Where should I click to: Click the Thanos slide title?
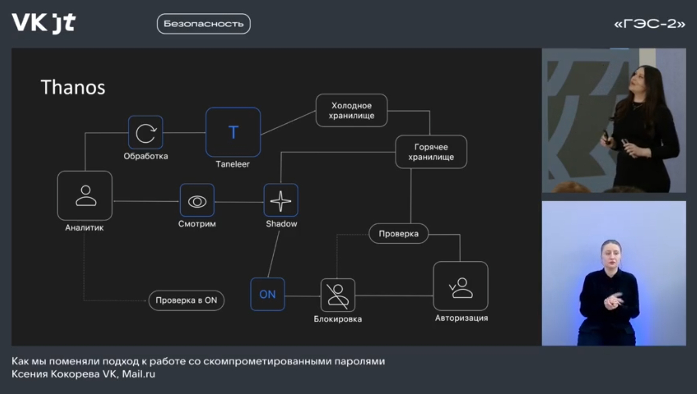(73, 88)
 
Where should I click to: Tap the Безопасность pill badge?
(204, 24)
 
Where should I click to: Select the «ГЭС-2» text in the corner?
(650, 24)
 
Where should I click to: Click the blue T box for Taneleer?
(233, 132)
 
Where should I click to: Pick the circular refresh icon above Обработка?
(146, 133)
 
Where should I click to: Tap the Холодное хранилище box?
(351, 111)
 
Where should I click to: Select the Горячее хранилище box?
(431, 152)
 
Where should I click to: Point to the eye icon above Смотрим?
(197, 201)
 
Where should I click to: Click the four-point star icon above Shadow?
(281, 201)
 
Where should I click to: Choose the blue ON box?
(267, 294)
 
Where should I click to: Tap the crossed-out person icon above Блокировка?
(338, 295)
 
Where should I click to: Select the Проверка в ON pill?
(186, 300)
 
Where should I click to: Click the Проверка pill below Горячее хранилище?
(398, 233)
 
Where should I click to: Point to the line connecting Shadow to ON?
(274, 254)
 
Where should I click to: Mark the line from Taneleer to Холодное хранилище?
(288, 123)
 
